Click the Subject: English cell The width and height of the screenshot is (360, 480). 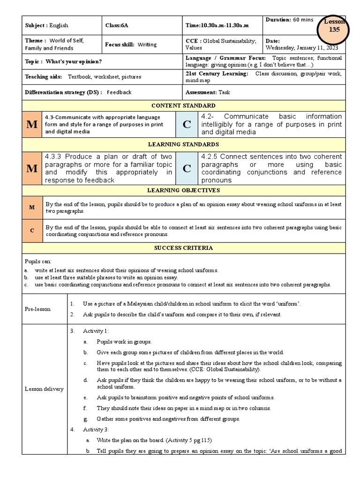pos(46,25)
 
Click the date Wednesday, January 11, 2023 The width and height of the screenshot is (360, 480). pos(301,47)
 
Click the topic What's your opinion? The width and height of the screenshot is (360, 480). pos(63,62)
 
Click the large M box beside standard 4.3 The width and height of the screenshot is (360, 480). pos(32,124)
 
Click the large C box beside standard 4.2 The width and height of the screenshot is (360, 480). pos(187,124)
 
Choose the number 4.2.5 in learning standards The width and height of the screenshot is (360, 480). pos(210,157)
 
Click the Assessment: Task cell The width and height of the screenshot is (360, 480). pos(210,92)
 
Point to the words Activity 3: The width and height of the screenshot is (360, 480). pos(96,429)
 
